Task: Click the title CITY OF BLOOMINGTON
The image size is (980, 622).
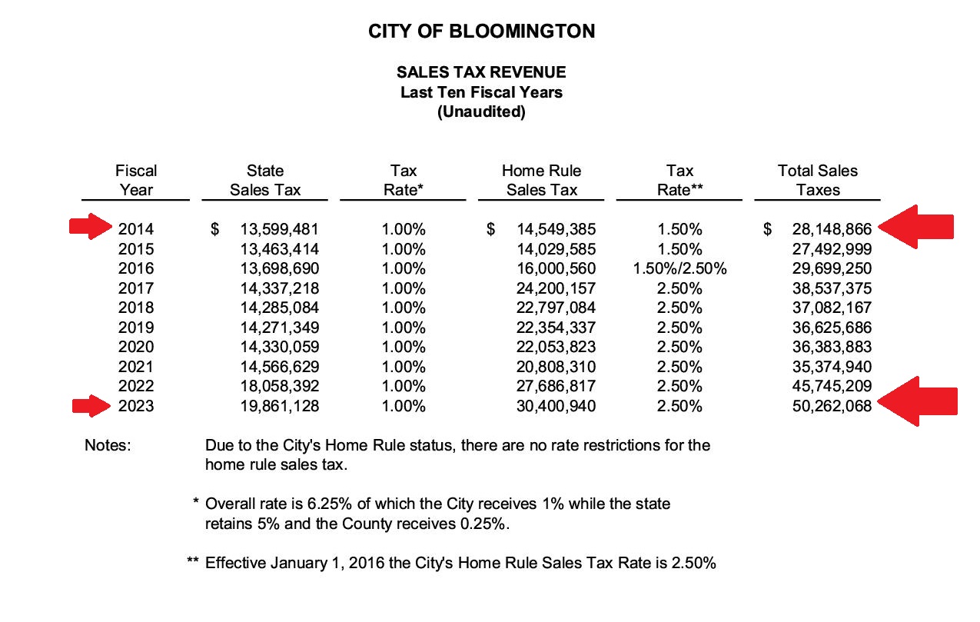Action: [481, 32]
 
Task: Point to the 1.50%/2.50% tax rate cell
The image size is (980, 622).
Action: [679, 269]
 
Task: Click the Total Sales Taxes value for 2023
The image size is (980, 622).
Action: [832, 406]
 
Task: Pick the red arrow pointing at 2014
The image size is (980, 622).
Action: [90, 227]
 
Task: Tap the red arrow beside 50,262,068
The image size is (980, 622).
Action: [918, 401]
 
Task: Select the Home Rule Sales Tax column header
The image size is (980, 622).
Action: [541, 180]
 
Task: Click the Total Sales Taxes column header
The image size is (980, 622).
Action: [817, 180]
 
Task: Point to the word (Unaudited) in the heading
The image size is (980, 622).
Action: [481, 112]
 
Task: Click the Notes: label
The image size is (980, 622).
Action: [108, 445]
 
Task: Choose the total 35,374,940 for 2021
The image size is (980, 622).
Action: [832, 366]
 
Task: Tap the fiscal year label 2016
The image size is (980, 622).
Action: [136, 269]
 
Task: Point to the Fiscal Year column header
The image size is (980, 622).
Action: [136, 180]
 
